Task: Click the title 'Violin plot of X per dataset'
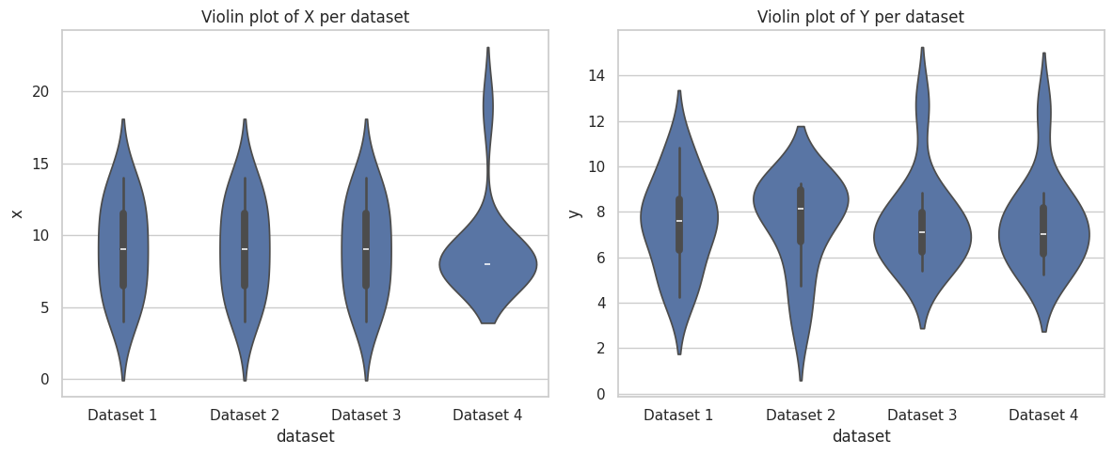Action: point(305,17)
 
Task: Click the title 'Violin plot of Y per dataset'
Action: point(860,17)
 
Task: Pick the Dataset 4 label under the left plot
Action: point(487,415)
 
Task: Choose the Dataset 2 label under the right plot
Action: point(801,415)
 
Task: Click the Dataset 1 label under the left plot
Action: point(122,415)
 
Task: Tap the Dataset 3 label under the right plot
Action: point(922,415)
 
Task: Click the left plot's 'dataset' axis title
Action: point(305,436)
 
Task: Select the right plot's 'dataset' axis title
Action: point(860,436)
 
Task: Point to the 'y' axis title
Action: point(575,212)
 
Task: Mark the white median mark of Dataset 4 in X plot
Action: point(487,264)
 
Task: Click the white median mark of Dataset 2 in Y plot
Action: point(801,209)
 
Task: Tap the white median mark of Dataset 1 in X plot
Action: point(123,249)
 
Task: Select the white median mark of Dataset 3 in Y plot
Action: point(922,232)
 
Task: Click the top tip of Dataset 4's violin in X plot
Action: point(487,48)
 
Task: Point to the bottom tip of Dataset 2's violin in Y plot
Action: point(801,380)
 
